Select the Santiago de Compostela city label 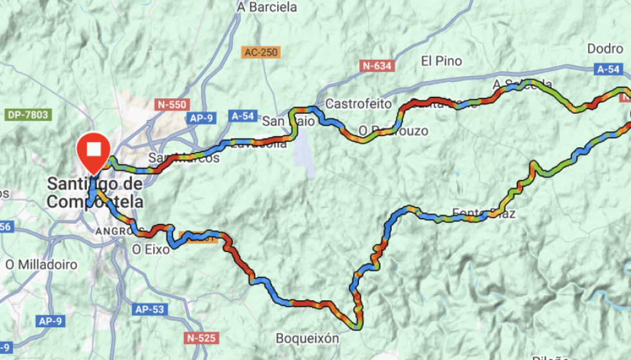(95, 193)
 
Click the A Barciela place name (267, 8)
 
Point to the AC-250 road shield (261, 52)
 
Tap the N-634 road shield (376, 66)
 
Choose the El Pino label (441, 61)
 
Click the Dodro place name (605, 49)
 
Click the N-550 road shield (172, 104)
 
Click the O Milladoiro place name (41, 264)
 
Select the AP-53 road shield (150, 309)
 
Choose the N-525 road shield (202, 337)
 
